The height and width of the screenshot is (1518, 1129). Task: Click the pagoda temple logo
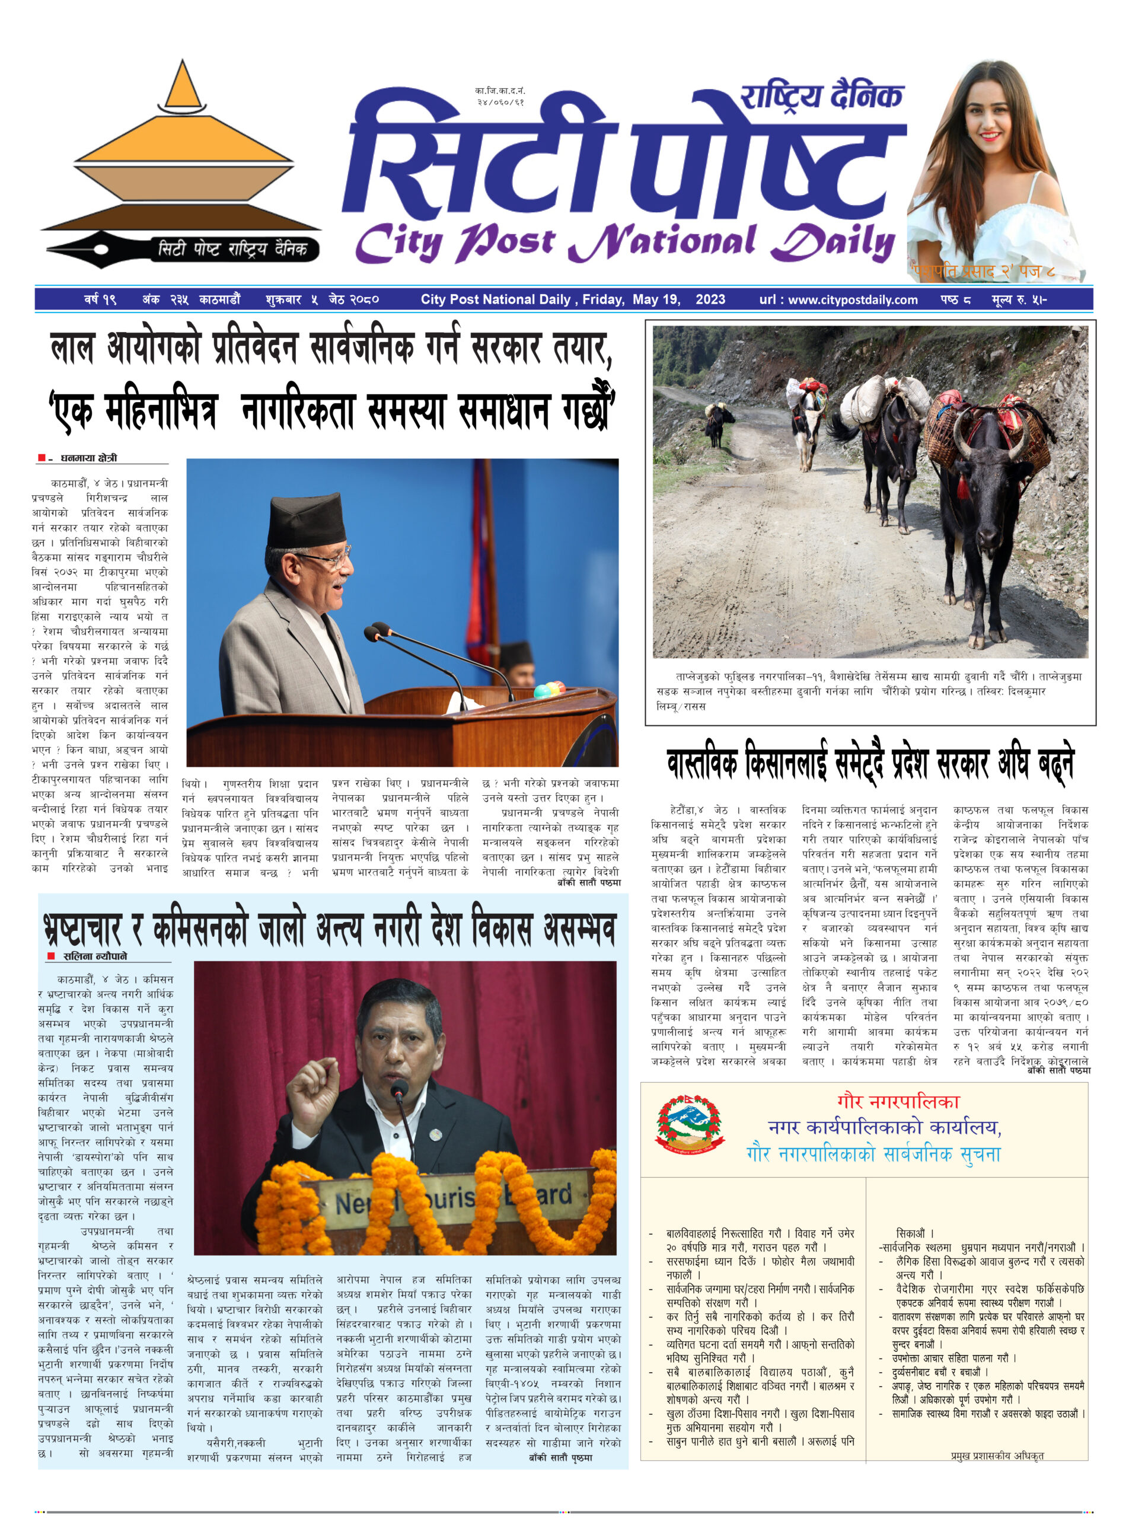click(181, 157)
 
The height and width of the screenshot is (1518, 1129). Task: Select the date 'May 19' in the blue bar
click(655, 299)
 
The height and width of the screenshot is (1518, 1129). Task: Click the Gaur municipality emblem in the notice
click(689, 1125)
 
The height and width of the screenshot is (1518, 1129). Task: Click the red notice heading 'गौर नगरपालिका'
click(897, 1102)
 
